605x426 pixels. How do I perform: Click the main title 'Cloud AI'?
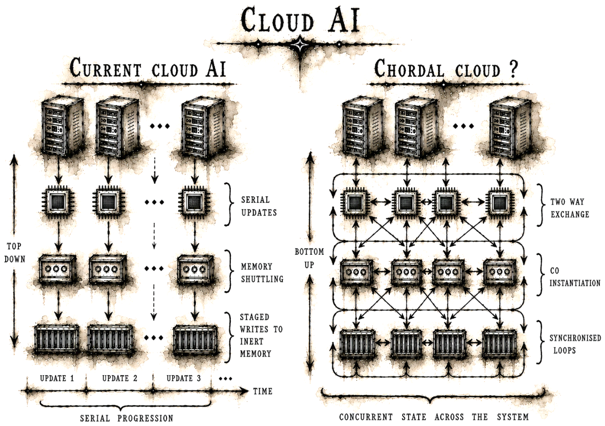tap(300, 20)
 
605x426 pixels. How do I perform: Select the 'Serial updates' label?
tap(259, 206)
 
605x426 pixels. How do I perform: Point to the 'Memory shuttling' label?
tap(262, 273)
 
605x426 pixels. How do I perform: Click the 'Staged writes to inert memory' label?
tap(261, 335)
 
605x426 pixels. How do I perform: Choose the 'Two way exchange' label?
tap(570, 208)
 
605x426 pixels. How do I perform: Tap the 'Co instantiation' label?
tap(575, 277)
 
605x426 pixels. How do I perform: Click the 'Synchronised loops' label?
tap(575, 344)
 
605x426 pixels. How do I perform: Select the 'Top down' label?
tap(15, 253)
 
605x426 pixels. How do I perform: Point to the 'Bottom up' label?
tap(309, 259)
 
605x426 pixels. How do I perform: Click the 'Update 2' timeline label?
tap(120, 378)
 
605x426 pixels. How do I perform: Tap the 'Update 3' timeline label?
tap(184, 378)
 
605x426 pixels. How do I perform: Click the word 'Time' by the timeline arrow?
tap(262, 391)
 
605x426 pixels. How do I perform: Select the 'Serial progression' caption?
tap(126, 418)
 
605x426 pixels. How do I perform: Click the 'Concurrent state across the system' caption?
tap(434, 417)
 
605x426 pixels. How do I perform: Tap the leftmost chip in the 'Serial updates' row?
tap(59, 201)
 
